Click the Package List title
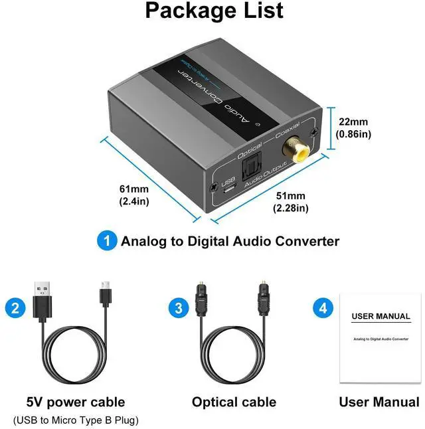pos(214,11)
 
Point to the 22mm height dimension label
pos(353,128)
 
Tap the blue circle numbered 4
pos(322,307)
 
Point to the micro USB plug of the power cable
pos(104,293)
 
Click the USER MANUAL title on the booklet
pos(381,316)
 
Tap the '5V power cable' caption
pos(76,402)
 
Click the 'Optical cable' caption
pos(234,402)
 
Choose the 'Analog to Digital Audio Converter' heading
pos(230,241)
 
